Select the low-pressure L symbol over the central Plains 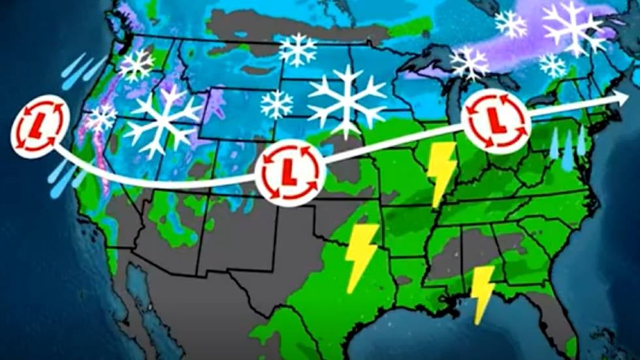[x=288, y=171]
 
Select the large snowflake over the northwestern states [x=163, y=122]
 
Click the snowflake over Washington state [x=136, y=65]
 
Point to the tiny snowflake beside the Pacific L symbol [x=101, y=118]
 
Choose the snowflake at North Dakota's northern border [x=297, y=50]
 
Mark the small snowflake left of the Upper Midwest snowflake [x=277, y=104]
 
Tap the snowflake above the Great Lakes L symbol [x=469, y=63]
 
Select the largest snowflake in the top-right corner [x=574, y=27]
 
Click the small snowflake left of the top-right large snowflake [x=511, y=24]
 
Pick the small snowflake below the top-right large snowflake [x=552, y=65]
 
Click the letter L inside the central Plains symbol [x=288, y=172]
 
